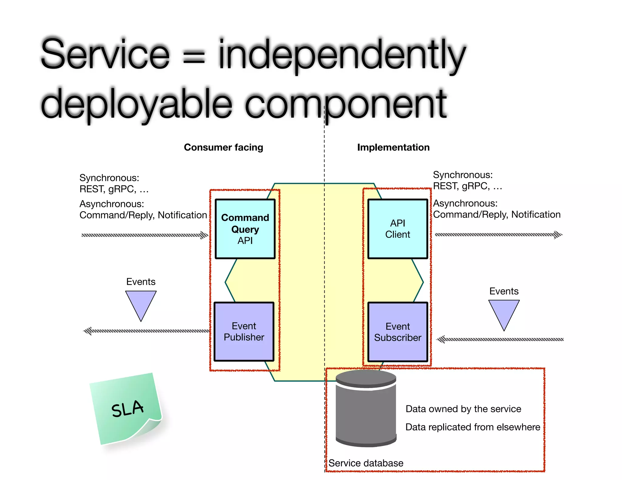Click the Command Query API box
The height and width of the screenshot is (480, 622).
pyautogui.click(x=245, y=229)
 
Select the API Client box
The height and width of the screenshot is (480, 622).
pyautogui.click(x=398, y=229)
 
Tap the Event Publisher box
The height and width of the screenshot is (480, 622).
pyautogui.click(x=244, y=332)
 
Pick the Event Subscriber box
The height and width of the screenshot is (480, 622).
pyautogui.click(x=398, y=332)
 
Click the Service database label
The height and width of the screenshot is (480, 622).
pyautogui.click(x=366, y=463)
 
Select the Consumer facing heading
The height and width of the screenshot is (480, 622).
pyautogui.click(x=224, y=147)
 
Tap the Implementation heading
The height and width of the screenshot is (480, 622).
pyautogui.click(x=393, y=147)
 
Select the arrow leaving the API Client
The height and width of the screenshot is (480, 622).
pyautogui.click(x=498, y=235)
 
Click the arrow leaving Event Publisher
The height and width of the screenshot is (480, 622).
pyautogui.click(x=146, y=331)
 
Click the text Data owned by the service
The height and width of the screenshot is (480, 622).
pyautogui.click(x=463, y=409)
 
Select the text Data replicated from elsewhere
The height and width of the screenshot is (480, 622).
pyautogui.click(x=473, y=427)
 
